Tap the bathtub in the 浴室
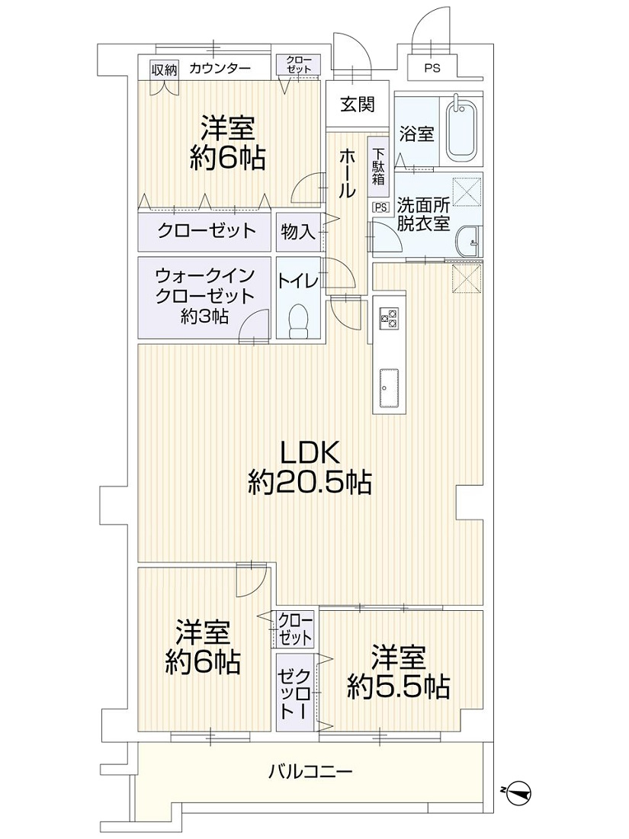point(461,128)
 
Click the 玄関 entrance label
point(358,104)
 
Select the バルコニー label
point(310,771)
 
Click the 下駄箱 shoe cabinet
point(379,166)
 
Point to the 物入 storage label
point(297,232)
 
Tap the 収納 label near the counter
point(164,69)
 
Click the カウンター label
point(220,69)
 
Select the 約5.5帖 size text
point(398,686)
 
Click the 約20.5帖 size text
point(310,483)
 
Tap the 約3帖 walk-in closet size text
point(205,317)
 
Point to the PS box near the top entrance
point(433,68)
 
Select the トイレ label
point(298,280)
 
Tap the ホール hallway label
point(347,173)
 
